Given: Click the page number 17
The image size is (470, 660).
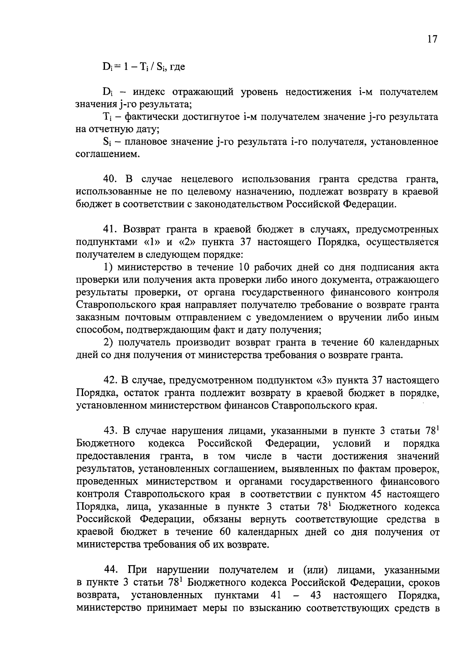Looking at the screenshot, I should pyautogui.click(x=432, y=40).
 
